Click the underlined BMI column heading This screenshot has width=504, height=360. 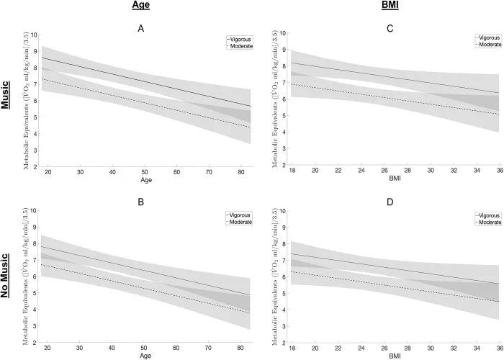click(x=390, y=6)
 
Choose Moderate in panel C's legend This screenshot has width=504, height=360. click(x=490, y=44)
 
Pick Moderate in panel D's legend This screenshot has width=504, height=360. click(x=490, y=222)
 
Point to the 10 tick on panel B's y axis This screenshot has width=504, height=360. click(x=35, y=211)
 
